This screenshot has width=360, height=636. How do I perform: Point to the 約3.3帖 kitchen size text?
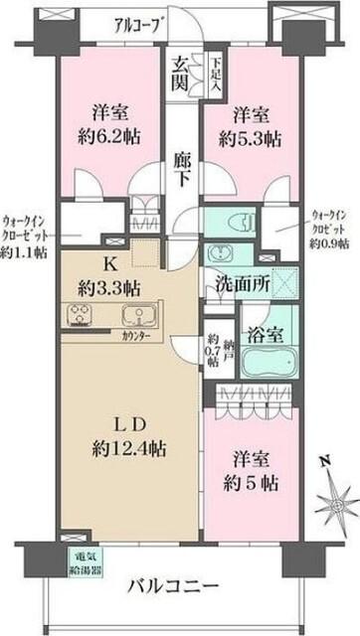[x=108, y=288]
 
